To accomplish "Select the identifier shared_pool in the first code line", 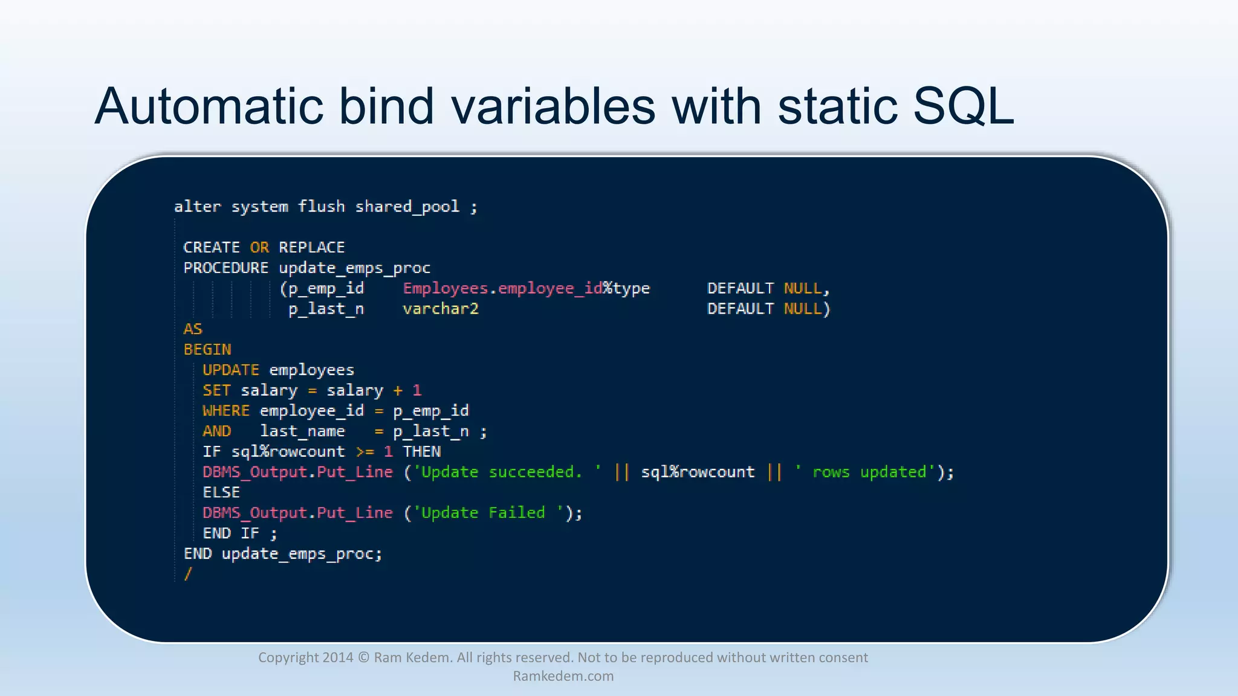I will tap(407, 207).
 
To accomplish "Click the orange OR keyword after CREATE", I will tap(259, 248).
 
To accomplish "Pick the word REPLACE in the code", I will tap(311, 248).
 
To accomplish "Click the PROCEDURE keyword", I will tap(225, 268).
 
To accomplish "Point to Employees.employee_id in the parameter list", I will tap(502, 288).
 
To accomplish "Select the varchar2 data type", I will tap(441, 309).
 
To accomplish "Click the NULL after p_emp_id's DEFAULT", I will tap(803, 288).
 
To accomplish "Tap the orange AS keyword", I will tap(193, 329).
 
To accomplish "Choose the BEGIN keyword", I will tap(207, 350).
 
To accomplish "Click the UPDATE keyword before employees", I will tap(230, 370).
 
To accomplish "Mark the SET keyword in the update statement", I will tap(216, 390).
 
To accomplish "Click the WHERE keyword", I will tap(225, 411).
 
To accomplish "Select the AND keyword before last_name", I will tap(216, 431).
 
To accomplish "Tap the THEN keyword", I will tap(422, 452).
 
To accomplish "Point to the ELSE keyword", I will tap(221, 492).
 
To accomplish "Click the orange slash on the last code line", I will tap(188, 574).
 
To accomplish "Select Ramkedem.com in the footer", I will tap(563, 676).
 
